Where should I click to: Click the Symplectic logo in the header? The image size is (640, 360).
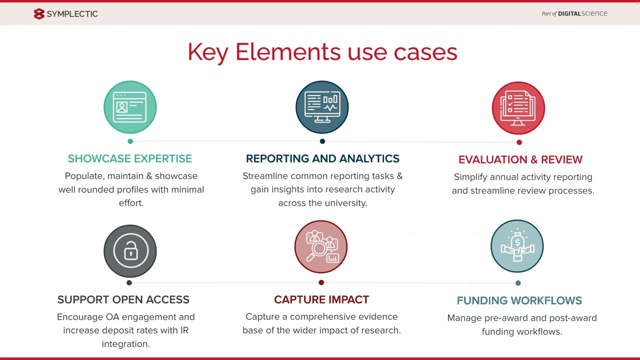[65, 14]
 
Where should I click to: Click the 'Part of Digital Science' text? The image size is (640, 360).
[574, 13]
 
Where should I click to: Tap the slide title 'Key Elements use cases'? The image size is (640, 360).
[322, 52]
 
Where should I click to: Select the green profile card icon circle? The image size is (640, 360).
[130, 107]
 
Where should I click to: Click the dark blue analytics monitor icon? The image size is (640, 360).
[322, 107]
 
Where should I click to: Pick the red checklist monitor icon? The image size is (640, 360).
[518, 108]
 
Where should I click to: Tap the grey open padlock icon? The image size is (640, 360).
[130, 251]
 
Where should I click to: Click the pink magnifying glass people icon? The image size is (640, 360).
[321, 246]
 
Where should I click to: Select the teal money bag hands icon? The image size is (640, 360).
[517, 246]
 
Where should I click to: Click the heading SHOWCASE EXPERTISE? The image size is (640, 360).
[130, 158]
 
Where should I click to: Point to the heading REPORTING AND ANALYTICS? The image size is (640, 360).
[322, 158]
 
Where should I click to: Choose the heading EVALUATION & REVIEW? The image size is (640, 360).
[520, 159]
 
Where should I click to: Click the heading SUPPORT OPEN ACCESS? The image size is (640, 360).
[123, 299]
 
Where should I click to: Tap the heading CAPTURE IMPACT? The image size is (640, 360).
[321, 299]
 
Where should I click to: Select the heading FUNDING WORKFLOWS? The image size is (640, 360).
[519, 300]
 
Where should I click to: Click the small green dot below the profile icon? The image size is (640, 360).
[130, 141]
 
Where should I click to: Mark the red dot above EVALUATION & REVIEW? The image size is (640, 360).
[519, 142]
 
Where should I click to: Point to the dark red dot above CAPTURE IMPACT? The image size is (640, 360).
[321, 282]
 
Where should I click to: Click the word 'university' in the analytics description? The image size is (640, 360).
[345, 203]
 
